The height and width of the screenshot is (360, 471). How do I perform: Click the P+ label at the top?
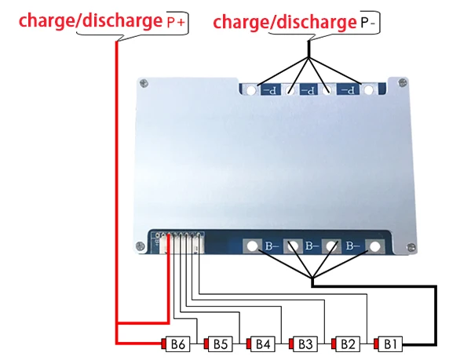pyautogui.click(x=176, y=23)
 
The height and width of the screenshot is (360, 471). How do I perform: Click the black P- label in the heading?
pyautogui.click(x=367, y=23)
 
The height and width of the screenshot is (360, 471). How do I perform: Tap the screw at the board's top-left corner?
pyautogui.click(x=144, y=83)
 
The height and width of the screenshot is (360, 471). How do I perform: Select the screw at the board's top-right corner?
pyautogui.click(x=402, y=82)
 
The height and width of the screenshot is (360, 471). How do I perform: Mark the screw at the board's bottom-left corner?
pyautogui.click(x=141, y=246)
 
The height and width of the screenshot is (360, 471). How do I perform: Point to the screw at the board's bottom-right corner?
pyautogui.click(x=411, y=248)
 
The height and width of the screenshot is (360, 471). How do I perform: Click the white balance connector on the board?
pyautogui.click(x=182, y=242)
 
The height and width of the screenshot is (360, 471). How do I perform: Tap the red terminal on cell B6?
pyautogui.click(x=164, y=344)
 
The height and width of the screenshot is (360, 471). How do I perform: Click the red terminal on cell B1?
pyautogui.click(x=376, y=344)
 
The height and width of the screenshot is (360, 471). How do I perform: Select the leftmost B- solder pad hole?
pyautogui.click(x=252, y=246)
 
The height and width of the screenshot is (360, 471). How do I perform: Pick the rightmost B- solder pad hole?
pyautogui.click(x=374, y=246)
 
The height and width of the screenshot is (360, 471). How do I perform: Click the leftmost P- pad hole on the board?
pyautogui.click(x=251, y=90)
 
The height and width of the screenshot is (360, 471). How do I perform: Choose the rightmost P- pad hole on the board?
pyautogui.click(x=369, y=90)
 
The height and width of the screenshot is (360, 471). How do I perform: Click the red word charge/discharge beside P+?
pyautogui.click(x=91, y=21)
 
